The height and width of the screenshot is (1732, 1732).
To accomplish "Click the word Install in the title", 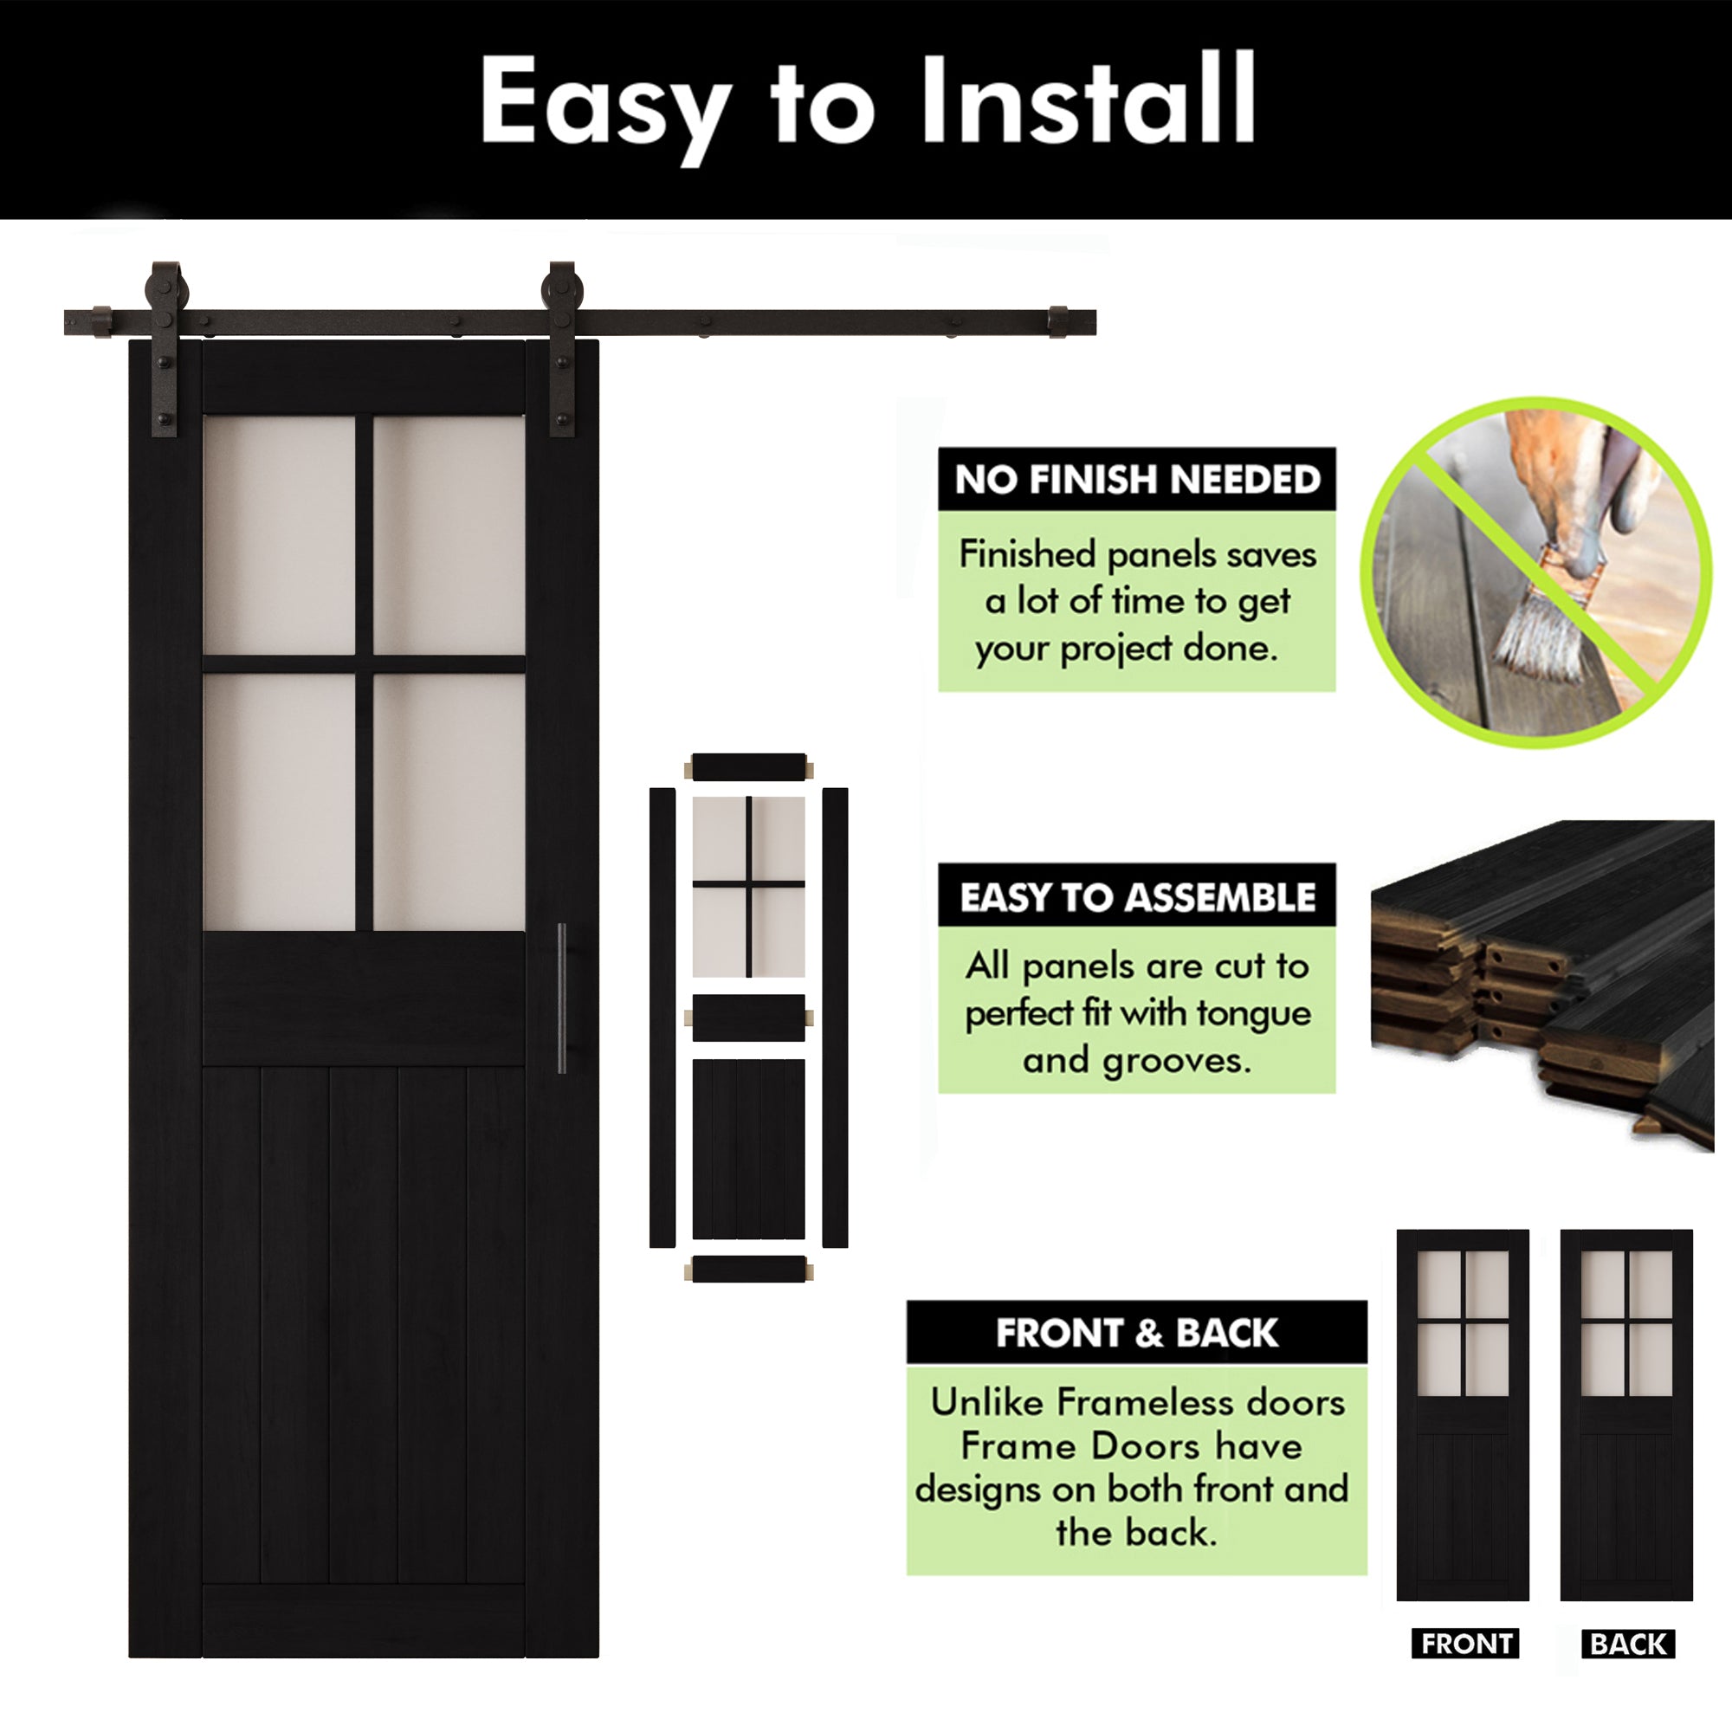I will pyautogui.click(x=1088, y=100).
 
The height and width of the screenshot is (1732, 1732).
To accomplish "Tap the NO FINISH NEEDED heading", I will pyautogui.click(x=1137, y=480).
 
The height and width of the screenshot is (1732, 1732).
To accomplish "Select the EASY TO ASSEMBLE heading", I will pyautogui.click(x=1137, y=896).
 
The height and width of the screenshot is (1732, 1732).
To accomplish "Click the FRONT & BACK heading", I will pyautogui.click(x=1137, y=1333).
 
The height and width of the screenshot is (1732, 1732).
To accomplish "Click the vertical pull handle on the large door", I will pyautogui.click(x=562, y=997).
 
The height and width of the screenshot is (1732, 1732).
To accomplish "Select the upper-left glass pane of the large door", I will pyautogui.click(x=279, y=535).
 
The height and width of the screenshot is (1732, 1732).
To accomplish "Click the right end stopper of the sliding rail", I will pyautogui.click(x=1059, y=322).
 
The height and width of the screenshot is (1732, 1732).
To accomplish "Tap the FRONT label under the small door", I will pyautogui.click(x=1466, y=1644).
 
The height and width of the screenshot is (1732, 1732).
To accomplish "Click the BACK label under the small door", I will pyautogui.click(x=1628, y=1644).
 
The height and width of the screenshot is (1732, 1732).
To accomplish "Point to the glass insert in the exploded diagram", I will pyautogui.click(x=748, y=886).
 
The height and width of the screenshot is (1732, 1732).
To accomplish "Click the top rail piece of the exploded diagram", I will pyautogui.click(x=748, y=767).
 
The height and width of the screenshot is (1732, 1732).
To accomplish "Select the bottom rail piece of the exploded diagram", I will pyautogui.click(x=748, y=1270).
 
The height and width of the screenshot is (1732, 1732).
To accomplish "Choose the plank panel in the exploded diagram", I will pyautogui.click(x=748, y=1149).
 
